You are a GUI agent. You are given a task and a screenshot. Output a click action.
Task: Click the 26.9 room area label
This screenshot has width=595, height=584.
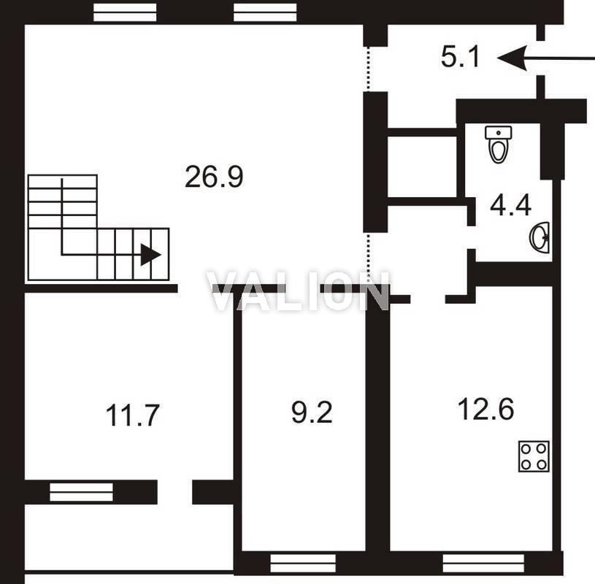(x=214, y=177)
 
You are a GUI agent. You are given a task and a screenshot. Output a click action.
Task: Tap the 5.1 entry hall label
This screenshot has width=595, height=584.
(x=460, y=56)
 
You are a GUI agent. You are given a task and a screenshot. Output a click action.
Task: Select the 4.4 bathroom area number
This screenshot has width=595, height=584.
(x=510, y=206)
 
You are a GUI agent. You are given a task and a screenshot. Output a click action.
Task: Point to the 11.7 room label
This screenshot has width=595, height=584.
(x=132, y=415)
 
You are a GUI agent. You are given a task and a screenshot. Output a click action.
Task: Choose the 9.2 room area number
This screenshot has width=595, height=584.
(x=312, y=412)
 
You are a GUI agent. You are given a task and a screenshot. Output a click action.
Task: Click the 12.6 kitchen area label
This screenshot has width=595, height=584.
(x=486, y=409)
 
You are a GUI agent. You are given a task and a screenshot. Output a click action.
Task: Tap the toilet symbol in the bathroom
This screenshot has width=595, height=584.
(x=498, y=145)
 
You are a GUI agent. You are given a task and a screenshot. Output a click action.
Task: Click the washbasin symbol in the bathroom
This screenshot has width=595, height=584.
(x=540, y=238)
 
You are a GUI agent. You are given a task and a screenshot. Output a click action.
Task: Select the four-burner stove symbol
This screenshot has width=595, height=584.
(x=534, y=456)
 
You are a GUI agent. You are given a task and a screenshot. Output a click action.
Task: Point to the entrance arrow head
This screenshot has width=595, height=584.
(x=513, y=58)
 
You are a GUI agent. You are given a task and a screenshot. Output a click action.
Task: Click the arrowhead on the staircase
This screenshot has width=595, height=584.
(x=150, y=255)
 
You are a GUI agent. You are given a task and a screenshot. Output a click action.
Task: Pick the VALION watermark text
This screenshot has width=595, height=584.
(x=298, y=291)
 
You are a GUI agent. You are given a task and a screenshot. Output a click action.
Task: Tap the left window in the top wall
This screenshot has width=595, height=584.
(x=125, y=12)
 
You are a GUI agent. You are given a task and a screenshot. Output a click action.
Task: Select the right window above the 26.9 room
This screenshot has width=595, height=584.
(x=265, y=12)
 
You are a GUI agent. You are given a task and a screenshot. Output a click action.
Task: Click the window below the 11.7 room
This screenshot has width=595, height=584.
(x=81, y=492)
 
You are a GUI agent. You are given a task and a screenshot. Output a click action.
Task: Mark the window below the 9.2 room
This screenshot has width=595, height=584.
(x=303, y=563)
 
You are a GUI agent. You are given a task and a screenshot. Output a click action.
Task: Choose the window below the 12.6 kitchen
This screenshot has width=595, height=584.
(x=483, y=563)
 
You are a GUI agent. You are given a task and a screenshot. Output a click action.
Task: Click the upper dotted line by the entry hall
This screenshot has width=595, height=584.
(x=367, y=69)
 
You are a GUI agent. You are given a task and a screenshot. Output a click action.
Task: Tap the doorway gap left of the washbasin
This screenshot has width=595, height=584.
(x=472, y=237)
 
